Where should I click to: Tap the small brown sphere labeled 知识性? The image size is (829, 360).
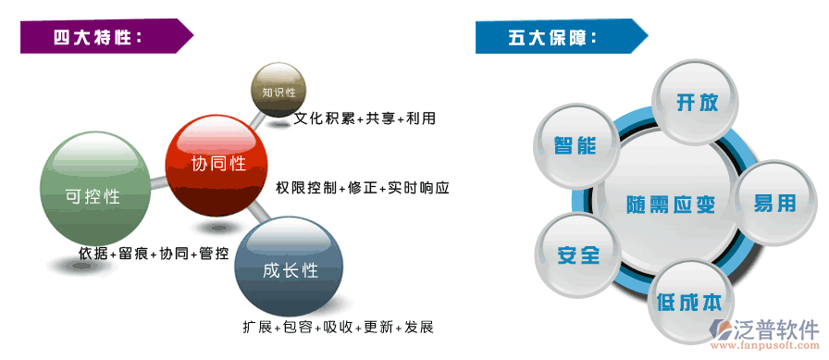click(x=278, y=93)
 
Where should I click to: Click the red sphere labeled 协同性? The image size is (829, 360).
click(x=219, y=164)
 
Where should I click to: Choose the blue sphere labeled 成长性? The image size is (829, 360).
click(x=290, y=269)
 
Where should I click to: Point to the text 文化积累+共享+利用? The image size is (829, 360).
click(x=365, y=118)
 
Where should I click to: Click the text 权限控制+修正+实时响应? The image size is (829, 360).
click(x=362, y=188)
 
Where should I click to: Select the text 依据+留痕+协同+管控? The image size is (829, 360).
click(x=154, y=253)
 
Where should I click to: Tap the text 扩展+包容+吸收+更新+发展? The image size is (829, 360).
click(x=339, y=327)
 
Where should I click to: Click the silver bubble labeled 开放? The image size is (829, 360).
click(x=697, y=103)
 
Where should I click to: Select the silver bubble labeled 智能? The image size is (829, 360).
click(x=575, y=145)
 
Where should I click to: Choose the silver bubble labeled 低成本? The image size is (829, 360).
click(x=693, y=302)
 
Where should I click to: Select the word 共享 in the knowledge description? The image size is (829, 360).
click(x=379, y=118)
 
